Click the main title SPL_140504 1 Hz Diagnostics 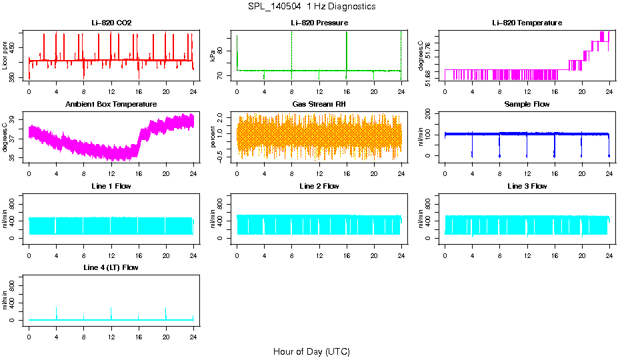(311, 7)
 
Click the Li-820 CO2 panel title (111, 23)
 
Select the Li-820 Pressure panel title (319, 23)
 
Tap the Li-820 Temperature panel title (527, 23)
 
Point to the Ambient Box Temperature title (111, 104)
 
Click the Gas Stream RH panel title (319, 104)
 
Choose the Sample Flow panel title (527, 104)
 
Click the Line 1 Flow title (111, 186)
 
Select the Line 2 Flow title (319, 186)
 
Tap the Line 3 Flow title (527, 186)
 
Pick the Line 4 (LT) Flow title (111, 267)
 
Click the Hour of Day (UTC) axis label (311, 351)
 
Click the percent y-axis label (213, 137)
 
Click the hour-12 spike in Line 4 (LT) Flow (111, 312)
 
